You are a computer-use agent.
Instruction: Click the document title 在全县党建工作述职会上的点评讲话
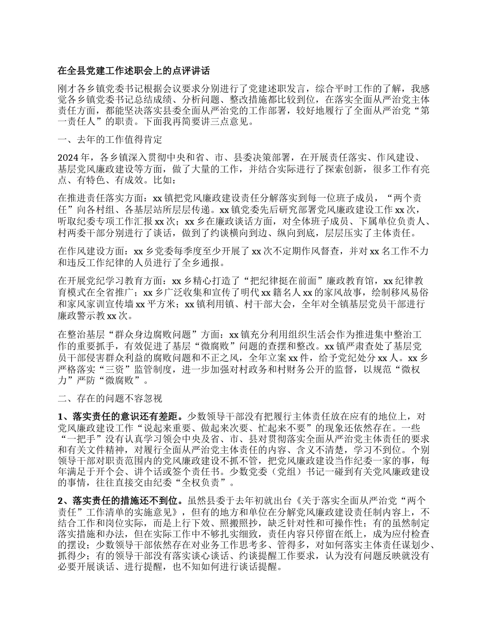133,70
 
